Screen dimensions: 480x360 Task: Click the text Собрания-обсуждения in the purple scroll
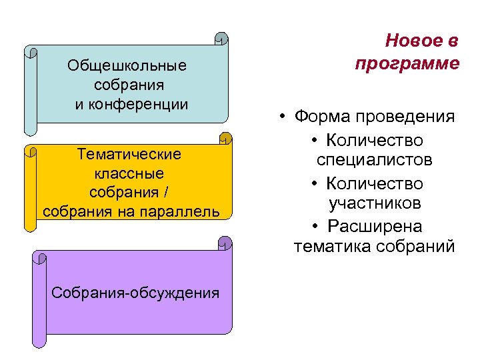(135, 293)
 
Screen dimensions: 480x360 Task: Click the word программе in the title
(407, 63)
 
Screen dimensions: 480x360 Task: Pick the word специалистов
(375, 161)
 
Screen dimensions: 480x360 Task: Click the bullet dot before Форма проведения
(283, 118)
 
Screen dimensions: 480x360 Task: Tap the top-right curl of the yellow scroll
(226, 138)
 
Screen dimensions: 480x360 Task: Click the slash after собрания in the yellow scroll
(166, 193)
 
